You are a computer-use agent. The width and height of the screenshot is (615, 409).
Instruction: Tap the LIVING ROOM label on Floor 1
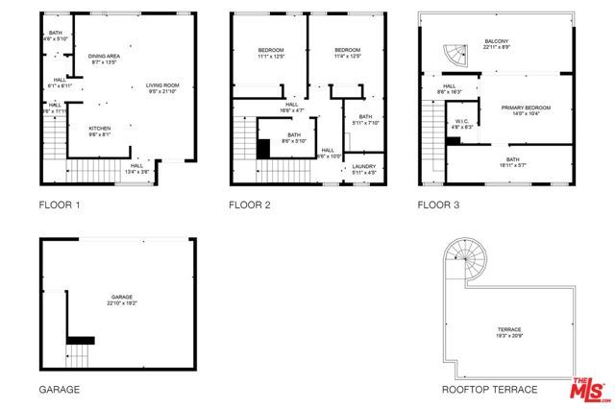point(162,86)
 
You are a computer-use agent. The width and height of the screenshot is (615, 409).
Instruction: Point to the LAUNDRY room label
point(363,167)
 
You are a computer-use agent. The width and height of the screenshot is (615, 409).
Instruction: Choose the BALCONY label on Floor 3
point(496,40)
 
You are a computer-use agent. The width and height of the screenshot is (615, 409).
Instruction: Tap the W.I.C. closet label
point(461,121)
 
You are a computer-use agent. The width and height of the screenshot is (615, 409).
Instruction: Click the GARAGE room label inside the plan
point(121,297)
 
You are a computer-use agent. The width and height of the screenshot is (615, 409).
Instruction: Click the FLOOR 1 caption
point(60,204)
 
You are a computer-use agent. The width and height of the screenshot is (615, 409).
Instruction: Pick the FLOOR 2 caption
point(250,204)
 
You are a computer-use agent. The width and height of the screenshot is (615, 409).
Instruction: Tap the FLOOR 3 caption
point(438,204)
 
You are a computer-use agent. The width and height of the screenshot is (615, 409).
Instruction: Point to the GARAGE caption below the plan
point(59,390)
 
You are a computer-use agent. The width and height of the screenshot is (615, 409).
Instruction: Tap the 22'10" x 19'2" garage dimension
point(121,303)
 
